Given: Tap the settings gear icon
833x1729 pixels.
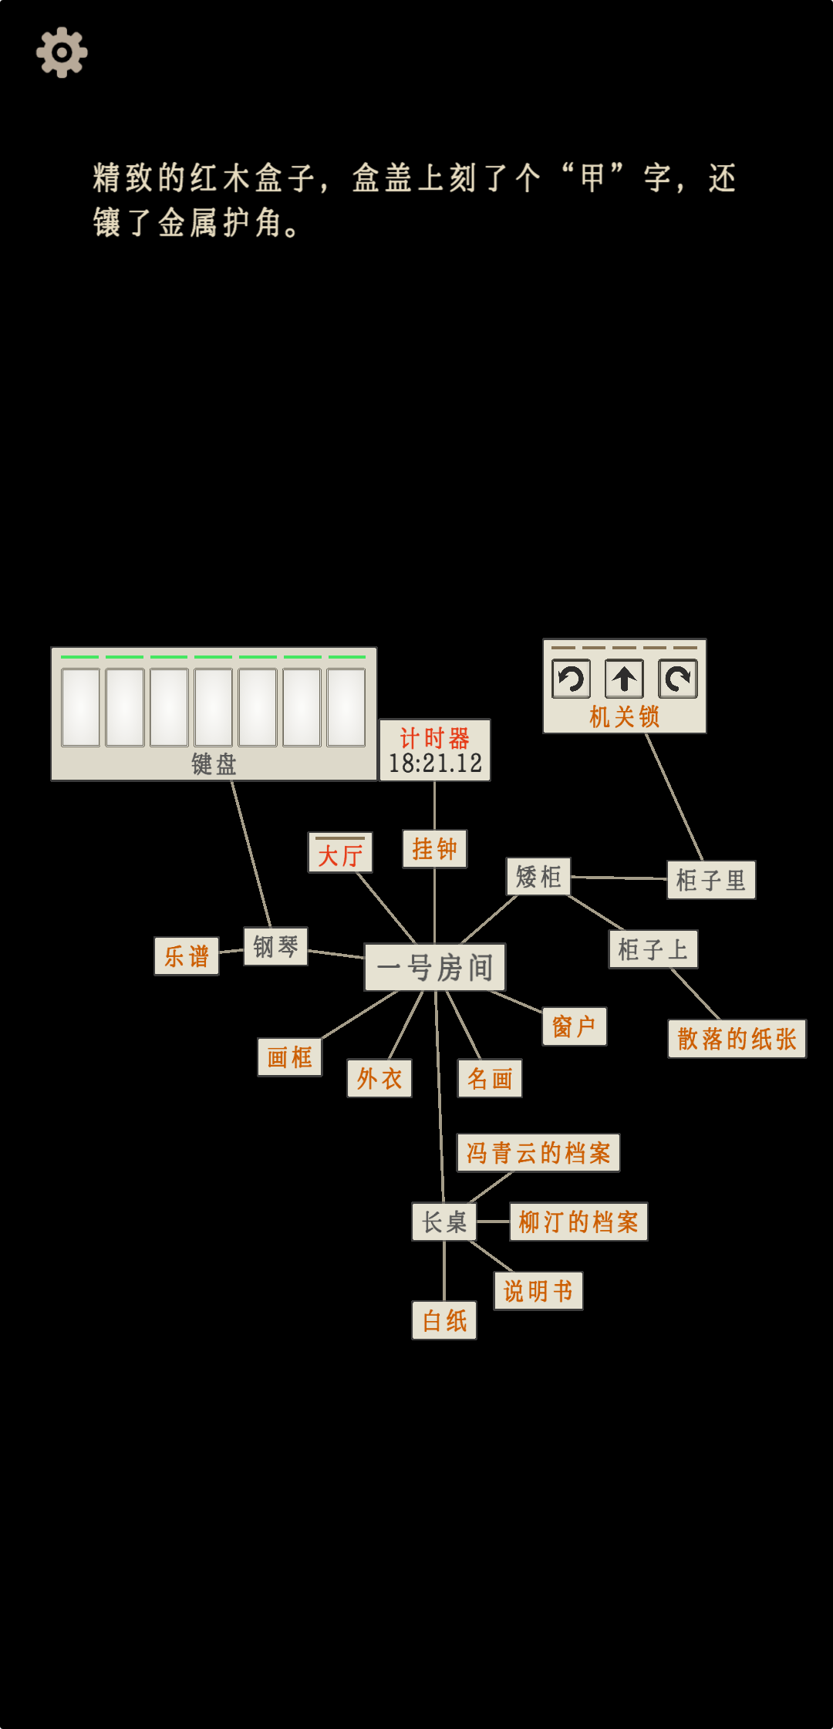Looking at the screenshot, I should pos(62,52).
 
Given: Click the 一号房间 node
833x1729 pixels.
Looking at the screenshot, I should pos(435,967).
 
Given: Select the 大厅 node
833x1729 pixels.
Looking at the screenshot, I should pos(340,854).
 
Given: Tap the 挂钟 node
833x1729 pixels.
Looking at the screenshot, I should pos(434,849).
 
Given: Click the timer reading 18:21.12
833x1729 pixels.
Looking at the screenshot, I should pos(435,763).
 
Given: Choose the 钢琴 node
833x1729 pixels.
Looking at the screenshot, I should pos(275,946).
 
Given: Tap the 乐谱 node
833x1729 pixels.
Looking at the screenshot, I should pos(187,956).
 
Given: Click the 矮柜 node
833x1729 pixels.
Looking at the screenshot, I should pos(538,877).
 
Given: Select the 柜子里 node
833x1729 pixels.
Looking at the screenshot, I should pos(710,880).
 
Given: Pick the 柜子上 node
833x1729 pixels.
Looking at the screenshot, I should pos(653,949).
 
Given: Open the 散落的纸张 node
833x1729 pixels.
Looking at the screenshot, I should pos(737,1039).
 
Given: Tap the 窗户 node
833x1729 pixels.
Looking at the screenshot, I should pos(574,1026).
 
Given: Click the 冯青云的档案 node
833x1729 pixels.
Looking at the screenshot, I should pos(538,1153).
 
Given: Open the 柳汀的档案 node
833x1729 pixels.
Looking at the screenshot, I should pos(578,1222).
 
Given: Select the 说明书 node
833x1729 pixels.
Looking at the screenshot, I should pos(538,1291).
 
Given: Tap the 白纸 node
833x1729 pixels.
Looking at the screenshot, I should pos(444,1320).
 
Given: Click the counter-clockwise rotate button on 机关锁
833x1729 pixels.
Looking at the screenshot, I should pos(572,679).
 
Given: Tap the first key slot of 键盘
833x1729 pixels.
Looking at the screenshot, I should pos(81,707).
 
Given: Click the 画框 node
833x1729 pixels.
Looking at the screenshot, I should pos(289,1057).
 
